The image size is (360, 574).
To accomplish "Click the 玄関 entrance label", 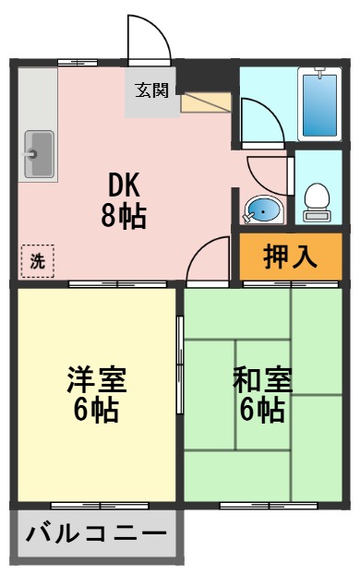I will tap(153, 90).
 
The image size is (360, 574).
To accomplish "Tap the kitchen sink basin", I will tap(39, 152).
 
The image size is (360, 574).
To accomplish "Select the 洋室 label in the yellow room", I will tap(95, 379).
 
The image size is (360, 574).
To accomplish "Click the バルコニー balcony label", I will tap(96, 534).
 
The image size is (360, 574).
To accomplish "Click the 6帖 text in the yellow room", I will tap(95, 411).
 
